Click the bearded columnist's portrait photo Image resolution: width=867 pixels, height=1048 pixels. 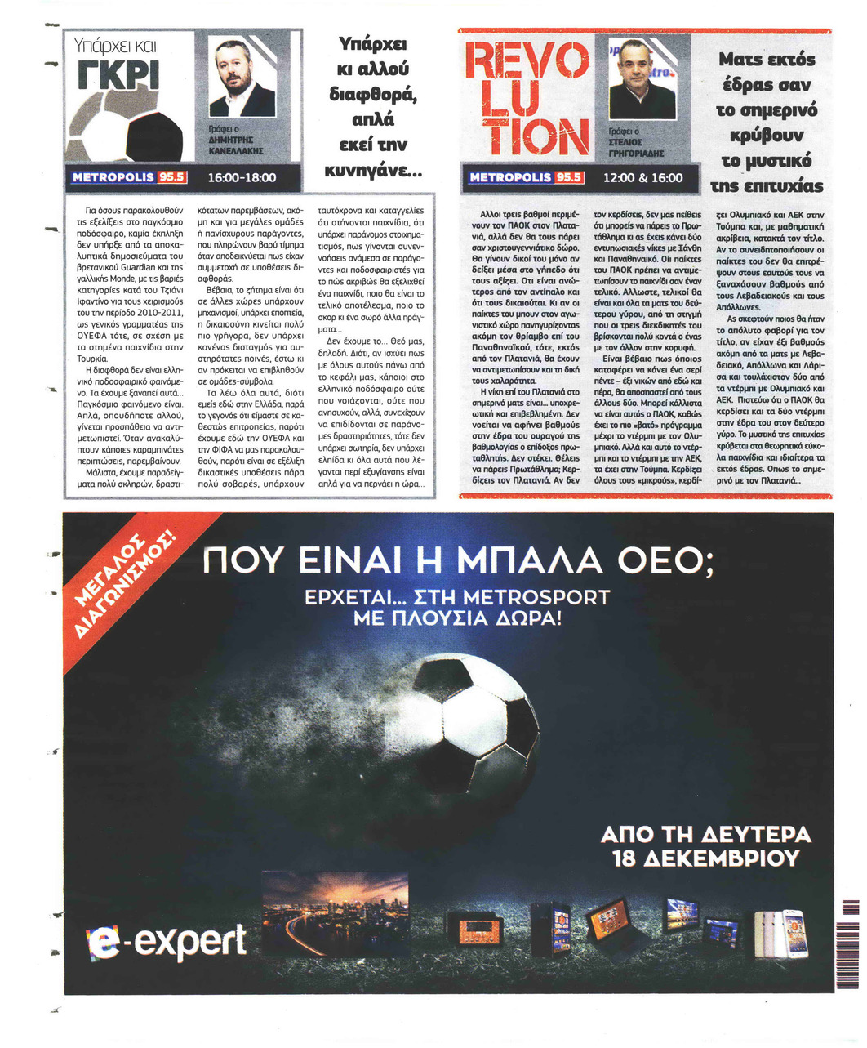pos(242,78)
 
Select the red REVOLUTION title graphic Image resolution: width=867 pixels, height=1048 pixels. pos(527,99)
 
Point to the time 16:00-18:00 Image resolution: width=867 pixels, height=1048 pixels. pos(242,177)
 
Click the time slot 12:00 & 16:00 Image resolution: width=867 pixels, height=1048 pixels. pos(642,177)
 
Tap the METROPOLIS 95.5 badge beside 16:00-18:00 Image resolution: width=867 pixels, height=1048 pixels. pos(130,177)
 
